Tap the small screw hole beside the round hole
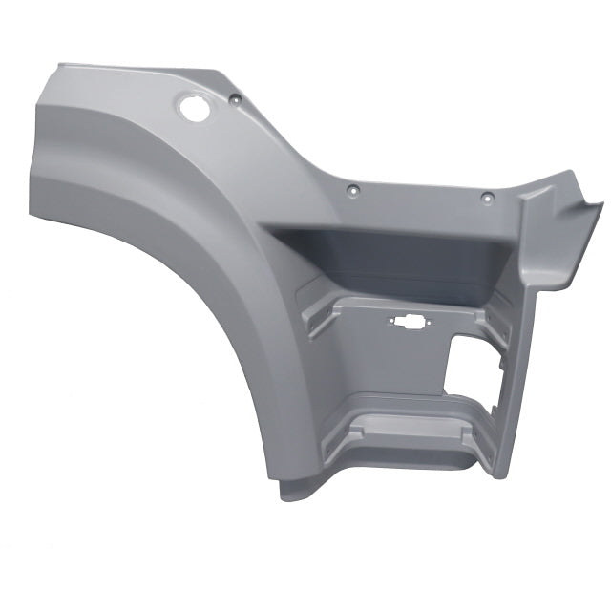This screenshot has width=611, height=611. (233, 97)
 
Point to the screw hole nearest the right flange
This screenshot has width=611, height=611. (486, 199)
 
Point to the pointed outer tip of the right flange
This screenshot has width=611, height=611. (601, 201)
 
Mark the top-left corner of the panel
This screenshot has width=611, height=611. (59, 66)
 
